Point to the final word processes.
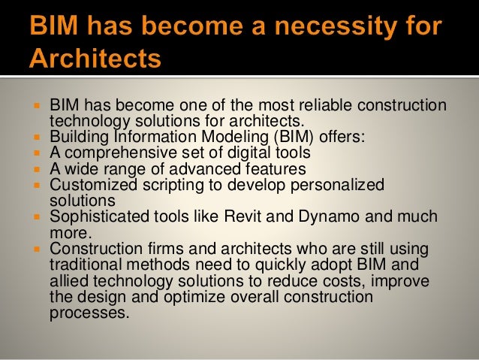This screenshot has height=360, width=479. tap(83, 312)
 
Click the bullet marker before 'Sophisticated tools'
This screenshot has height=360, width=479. tap(38, 217)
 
